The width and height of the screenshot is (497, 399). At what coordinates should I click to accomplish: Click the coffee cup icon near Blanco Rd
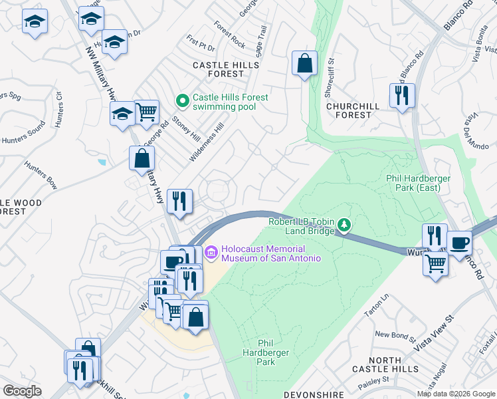click(x=460, y=243)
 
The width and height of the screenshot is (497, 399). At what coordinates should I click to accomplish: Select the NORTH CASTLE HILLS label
click(x=385, y=364)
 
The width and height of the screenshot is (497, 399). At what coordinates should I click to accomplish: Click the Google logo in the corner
click(x=23, y=391)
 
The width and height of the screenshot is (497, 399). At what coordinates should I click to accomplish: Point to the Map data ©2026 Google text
click(x=455, y=394)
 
